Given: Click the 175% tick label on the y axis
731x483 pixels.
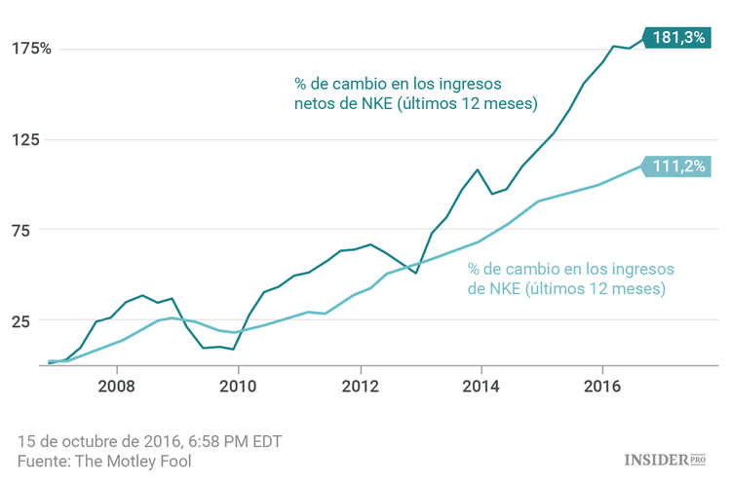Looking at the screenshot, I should pos(31,49).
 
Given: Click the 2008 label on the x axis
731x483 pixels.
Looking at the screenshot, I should pos(117,383).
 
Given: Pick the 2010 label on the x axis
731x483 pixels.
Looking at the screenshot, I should pos(239,383).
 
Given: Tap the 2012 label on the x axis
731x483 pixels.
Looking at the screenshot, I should pos(361,383).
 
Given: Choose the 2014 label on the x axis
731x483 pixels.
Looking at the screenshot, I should pos(481,383).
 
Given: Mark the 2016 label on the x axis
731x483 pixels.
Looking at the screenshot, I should pos(602,383).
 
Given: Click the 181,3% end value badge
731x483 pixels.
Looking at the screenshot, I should pos(678,37).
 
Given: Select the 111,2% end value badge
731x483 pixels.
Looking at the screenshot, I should pos(678,167).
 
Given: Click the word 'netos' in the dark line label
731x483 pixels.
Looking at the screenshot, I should pos(316,104).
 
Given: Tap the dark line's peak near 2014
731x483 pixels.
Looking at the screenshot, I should pos(478,169).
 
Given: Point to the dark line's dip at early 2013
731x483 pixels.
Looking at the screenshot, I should pos(416,273).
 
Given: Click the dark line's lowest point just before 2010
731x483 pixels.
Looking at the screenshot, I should pos(234,349).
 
